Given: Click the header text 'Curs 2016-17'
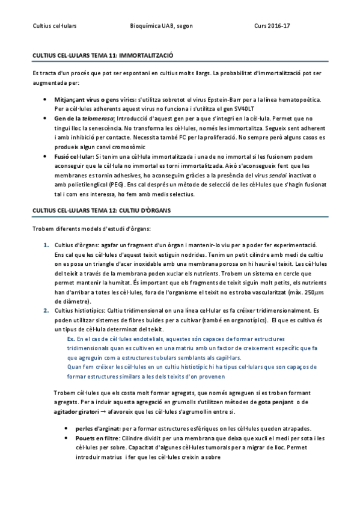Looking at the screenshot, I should pos(272,26).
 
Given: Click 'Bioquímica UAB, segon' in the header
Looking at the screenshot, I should pos(158,26).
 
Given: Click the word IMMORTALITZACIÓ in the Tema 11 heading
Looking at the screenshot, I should pos(147,55).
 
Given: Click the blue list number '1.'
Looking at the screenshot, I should pos(46,244).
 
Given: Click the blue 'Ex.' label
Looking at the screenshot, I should pos(71,339).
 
